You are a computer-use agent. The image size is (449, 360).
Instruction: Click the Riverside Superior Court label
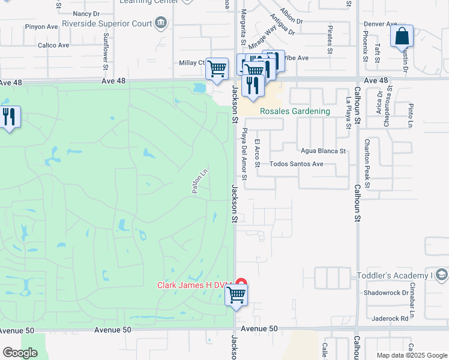click(113, 24)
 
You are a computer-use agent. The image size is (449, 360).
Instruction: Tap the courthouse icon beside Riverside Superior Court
click(160, 24)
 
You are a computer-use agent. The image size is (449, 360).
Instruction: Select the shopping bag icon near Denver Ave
click(402, 36)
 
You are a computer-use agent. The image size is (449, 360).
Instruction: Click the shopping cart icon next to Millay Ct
click(217, 68)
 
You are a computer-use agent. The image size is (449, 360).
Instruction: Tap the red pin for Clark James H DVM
click(241, 284)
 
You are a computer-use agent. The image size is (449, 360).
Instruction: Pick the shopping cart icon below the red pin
click(237, 296)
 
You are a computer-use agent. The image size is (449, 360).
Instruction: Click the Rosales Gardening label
click(295, 111)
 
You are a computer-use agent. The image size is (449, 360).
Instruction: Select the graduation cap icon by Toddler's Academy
click(441, 275)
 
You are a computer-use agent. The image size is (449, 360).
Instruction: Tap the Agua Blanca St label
click(324, 151)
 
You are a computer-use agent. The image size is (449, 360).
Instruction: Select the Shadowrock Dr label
click(386, 293)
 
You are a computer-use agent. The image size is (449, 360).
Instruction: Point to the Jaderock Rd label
click(390, 319)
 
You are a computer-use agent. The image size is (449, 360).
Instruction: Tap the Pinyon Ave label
click(41, 27)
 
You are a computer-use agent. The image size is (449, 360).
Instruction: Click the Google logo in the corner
click(20, 353)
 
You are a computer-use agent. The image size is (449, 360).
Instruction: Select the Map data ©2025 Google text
click(411, 355)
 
